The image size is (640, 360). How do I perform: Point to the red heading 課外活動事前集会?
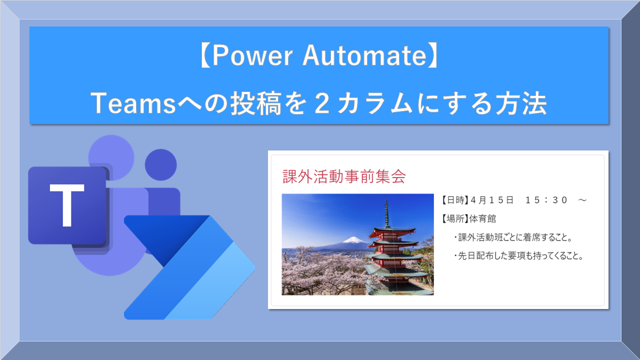pos(344,176)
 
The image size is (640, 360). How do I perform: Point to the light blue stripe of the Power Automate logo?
pos(220,285)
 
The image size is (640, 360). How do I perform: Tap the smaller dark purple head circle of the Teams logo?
pos(160,165)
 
